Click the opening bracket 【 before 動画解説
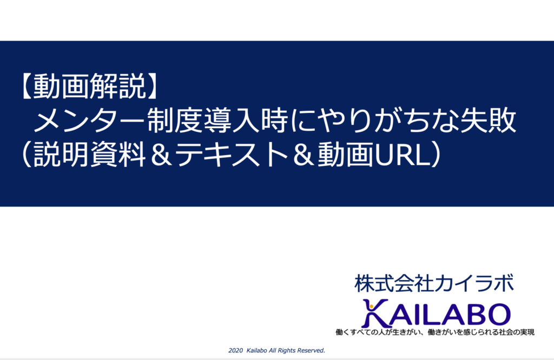coord(27,86)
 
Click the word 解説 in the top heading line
coord(117,86)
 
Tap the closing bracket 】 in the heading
coord(151,86)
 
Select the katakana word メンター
coord(89,121)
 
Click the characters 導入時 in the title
coord(246,121)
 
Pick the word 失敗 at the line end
coord(489,121)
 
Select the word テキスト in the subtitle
coord(232,155)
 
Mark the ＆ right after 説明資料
coord(160,155)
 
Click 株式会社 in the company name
coord(394,283)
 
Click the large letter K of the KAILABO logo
coord(375,314)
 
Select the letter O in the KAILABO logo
coord(496,314)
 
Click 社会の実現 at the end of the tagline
coord(517,332)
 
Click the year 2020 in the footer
coord(236,350)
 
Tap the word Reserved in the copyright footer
coord(311,350)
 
